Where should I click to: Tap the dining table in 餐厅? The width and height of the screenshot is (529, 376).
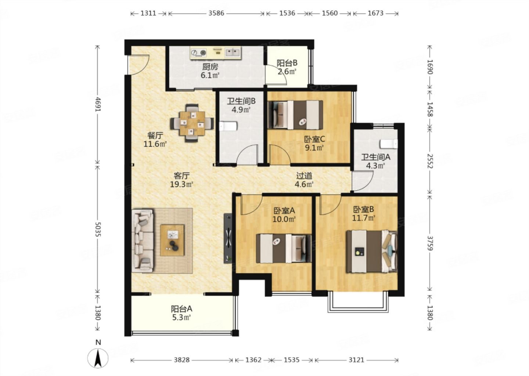pyautogui.click(x=192, y=123)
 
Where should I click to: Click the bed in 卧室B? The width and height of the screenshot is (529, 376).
pyautogui.click(x=371, y=252)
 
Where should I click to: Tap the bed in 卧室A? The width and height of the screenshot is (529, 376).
pyautogui.click(x=283, y=249)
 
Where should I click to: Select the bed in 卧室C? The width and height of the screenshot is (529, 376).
pyautogui.click(x=295, y=115)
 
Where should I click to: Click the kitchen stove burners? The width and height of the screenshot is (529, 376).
pyautogui.click(x=198, y=53)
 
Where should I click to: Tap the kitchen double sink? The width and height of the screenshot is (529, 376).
pyautogui.click(x=233, y=53)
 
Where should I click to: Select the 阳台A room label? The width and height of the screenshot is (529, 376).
pyautogui.click(x=181, y=309)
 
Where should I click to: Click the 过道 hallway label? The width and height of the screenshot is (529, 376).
pyautogui.click(x=304, y=176)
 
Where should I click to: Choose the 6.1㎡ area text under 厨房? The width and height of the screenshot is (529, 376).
pyautogui.click(x=210, y=76)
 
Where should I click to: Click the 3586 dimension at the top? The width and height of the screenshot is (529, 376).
pyautogui.click(x=216, y=13)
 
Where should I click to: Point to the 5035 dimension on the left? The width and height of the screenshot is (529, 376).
pyautogui.click(x=97, y=228)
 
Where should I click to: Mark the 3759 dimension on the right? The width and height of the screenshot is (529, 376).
pyautogui.click(x=430, y=243)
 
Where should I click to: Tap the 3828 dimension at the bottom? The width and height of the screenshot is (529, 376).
pyautogui.click(x=182, y=360)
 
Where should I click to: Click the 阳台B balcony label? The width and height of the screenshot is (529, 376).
pyautogui.click(x=287, y=63)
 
